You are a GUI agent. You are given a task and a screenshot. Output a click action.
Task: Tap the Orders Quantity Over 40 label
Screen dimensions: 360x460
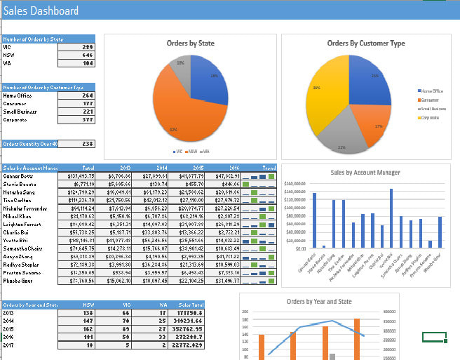point(30,144)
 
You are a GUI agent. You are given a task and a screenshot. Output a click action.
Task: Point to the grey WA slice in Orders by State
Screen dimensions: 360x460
point(182,69)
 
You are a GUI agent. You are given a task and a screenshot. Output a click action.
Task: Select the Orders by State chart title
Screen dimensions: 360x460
point(190,44)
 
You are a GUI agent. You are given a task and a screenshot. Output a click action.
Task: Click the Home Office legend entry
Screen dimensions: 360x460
point(431,91)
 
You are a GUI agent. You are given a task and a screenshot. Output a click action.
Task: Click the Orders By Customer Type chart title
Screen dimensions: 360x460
point(365,44)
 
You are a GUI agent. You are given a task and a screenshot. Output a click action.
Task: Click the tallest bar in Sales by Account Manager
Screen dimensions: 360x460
point(391,218)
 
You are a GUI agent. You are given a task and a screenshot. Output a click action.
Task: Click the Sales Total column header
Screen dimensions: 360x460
point(191,305)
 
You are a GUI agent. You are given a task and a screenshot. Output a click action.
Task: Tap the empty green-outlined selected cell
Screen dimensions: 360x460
point(435,337)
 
